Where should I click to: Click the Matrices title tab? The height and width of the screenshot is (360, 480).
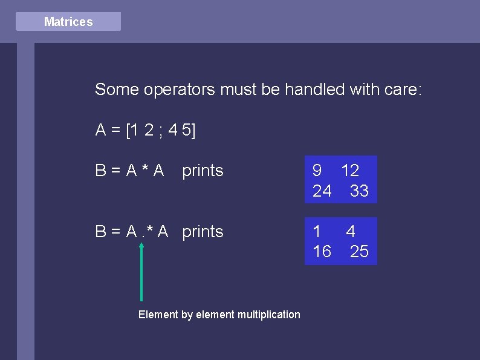pos(68,22)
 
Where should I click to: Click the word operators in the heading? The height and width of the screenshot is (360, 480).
pos(179,90)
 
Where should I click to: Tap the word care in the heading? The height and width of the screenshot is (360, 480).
pos(400,90)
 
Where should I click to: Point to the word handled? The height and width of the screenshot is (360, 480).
pos(312,90)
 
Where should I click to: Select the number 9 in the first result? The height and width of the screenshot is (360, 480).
pos(317,171)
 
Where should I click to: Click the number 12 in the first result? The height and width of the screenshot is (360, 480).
pos(350,171)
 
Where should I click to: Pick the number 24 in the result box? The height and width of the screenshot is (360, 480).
pos(322,191)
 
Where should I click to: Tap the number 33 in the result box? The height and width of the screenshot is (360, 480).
pos(359,191)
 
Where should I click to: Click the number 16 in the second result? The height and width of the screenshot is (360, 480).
pos(322,252)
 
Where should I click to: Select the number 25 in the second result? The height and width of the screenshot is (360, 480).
pos(359,252)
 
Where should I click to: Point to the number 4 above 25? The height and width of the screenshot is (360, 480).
pos(351,231)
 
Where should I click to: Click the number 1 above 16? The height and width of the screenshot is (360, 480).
pos(316,231)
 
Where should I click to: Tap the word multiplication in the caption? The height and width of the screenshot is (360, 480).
pos(268,315)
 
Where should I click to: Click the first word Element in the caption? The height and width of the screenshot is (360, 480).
pos(158,315)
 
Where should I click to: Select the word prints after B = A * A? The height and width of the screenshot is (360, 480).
pos(203,171)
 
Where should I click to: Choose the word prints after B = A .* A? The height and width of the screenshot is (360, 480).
pos(203,232)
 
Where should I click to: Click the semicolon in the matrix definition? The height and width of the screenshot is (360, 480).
pos(161,131)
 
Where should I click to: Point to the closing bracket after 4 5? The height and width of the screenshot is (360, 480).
pos(193,131)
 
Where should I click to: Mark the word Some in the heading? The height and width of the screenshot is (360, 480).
pos(117,90)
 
